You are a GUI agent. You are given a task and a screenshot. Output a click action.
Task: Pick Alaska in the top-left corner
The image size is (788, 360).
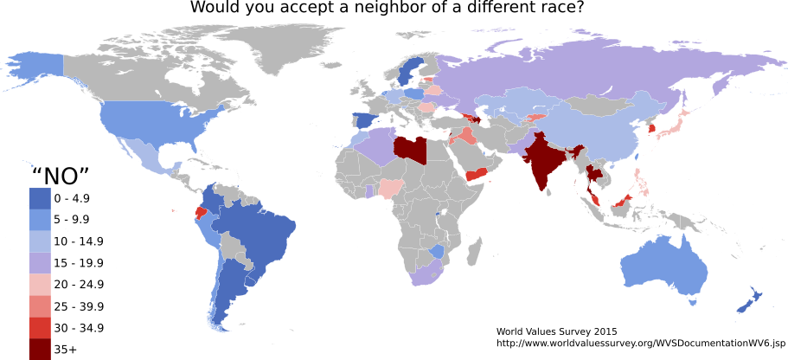(39, 65)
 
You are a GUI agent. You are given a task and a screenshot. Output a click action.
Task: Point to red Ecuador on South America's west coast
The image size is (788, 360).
(201, 212)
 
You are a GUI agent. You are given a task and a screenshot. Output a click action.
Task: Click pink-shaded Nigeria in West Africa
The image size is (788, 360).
(391, 186)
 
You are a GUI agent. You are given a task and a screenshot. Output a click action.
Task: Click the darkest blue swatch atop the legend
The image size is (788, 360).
(40, 198)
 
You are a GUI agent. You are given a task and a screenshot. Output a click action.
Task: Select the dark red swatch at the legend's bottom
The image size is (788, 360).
(40, 349)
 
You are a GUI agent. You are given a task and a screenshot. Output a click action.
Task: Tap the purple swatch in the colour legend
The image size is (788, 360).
(40, 262)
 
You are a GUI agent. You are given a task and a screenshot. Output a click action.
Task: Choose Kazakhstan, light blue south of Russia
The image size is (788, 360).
(519, 102)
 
